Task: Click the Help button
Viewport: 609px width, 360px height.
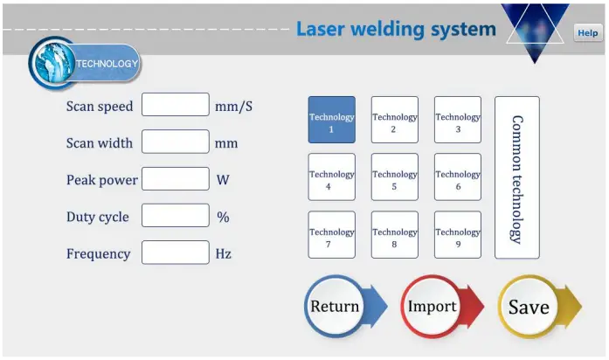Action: (587, 32)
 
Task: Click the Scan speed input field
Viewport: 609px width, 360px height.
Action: (176, 105)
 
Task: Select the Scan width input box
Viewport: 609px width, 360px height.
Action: (176, 142)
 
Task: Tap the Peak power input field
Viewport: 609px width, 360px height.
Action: (176, 179)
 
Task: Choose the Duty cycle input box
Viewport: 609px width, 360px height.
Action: (176, 216)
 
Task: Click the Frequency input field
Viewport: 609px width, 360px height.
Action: (176, 253)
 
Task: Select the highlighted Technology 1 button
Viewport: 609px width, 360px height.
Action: (331, 120)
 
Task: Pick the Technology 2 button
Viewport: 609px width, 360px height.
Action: (394, 120)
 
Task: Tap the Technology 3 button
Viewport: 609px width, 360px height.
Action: (458, 120)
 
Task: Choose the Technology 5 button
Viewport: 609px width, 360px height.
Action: (394, 177)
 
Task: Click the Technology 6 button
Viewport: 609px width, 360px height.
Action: (458, 177)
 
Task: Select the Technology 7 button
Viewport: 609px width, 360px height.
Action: (331, 235)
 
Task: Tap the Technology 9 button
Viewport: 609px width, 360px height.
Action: (458, 235)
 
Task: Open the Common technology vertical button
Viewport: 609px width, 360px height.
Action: (516, 177)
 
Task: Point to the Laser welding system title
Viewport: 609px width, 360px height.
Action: (396, 29)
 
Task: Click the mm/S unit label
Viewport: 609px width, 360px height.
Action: (233, 106)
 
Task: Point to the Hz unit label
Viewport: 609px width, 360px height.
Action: (224, 254)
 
